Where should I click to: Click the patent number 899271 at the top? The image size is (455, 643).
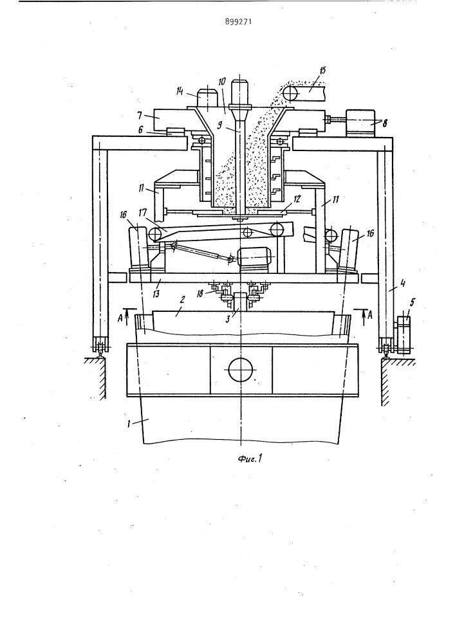238,21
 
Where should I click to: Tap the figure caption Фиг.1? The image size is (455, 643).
250,458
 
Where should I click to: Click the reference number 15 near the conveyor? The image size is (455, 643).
322,70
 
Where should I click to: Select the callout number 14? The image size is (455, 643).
180,91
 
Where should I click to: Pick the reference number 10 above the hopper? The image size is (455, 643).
221,81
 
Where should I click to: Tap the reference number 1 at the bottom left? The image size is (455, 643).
129,424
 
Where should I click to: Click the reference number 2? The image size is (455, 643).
182,300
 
